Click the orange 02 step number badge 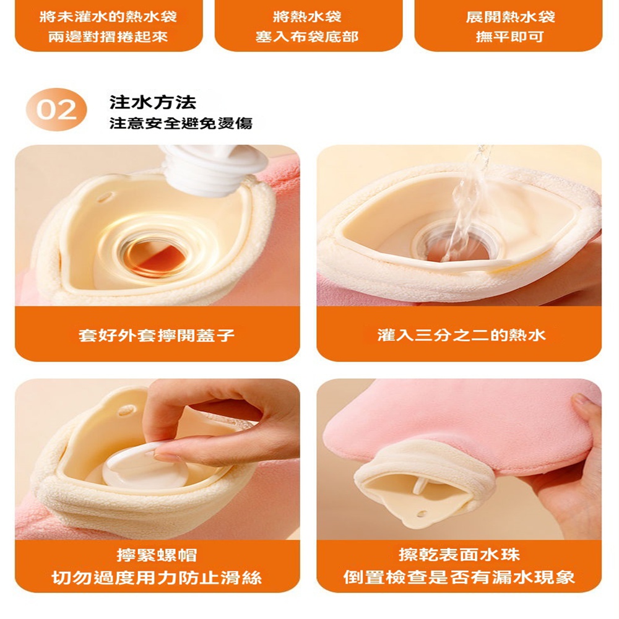56,110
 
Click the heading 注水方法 153,102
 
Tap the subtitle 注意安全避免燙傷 181,123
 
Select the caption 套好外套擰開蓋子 157,335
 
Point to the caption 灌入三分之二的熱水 461,335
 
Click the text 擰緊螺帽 157,555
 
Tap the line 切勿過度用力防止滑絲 157,578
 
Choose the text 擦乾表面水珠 459,554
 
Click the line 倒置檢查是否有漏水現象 459,577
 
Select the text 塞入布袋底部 307,37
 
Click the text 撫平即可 509,37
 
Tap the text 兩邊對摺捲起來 108,37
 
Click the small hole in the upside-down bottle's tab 422,514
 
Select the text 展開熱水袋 510,17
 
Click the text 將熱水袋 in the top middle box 307,17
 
